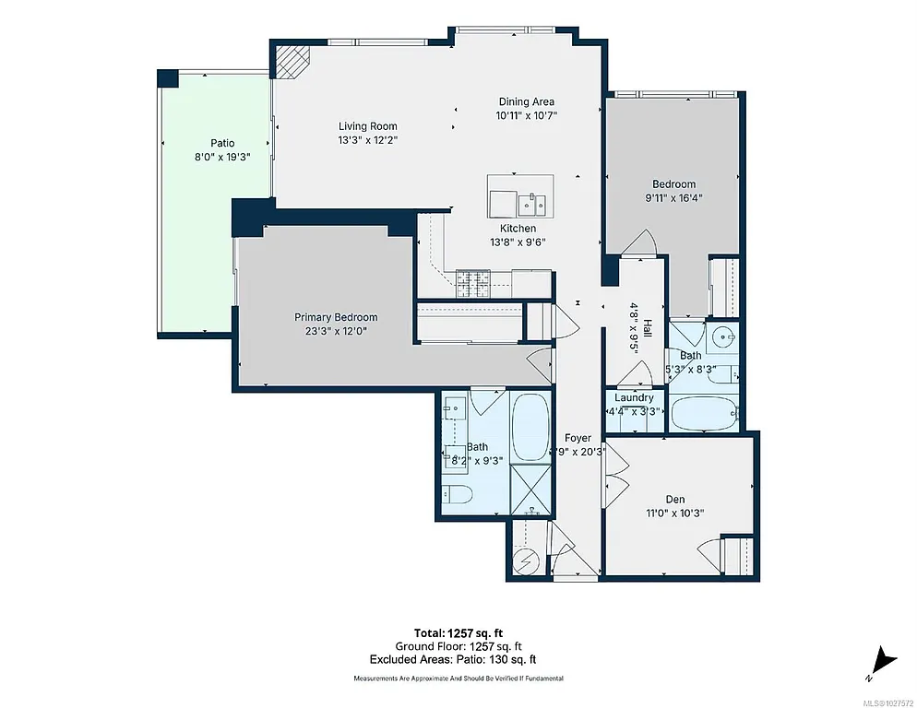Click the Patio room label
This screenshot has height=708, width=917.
pyautogui.click(x=221, y=143)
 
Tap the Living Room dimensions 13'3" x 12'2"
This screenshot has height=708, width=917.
pyautogui.click(x=367, y=141)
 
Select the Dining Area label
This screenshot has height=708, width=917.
pyautogui.click(x=527, y=101)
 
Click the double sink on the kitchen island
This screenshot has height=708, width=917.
pyautogui.click(x=532, y=203)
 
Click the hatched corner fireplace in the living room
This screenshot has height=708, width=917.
pyautogui.click(x=292, y=63)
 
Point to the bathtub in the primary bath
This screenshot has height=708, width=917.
pyautogui.click(x=530, y=427)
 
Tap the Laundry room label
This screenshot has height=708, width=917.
pyautogui.click(x=634, y=398)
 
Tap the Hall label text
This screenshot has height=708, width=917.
pyautogui.click(x=648, y=329)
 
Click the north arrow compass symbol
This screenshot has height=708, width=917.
pyautogui.click(x=884, y=660)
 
